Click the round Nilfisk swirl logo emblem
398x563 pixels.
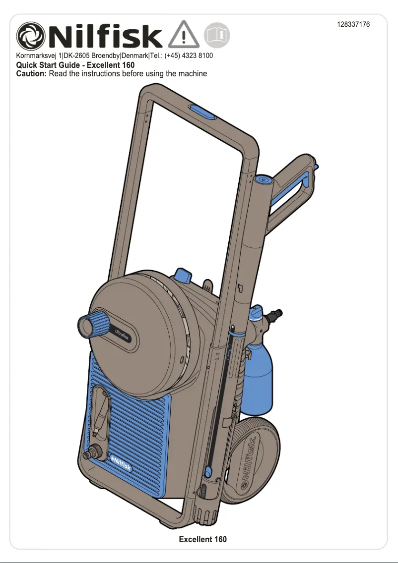(31, 36)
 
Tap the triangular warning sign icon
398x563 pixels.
(183, 35)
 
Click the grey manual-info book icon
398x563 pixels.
(217, 35)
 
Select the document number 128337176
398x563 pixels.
(353, 24)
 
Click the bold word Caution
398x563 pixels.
(31, 74)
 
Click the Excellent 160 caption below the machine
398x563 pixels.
(203, 539)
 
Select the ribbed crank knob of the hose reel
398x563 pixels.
(93, 324)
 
